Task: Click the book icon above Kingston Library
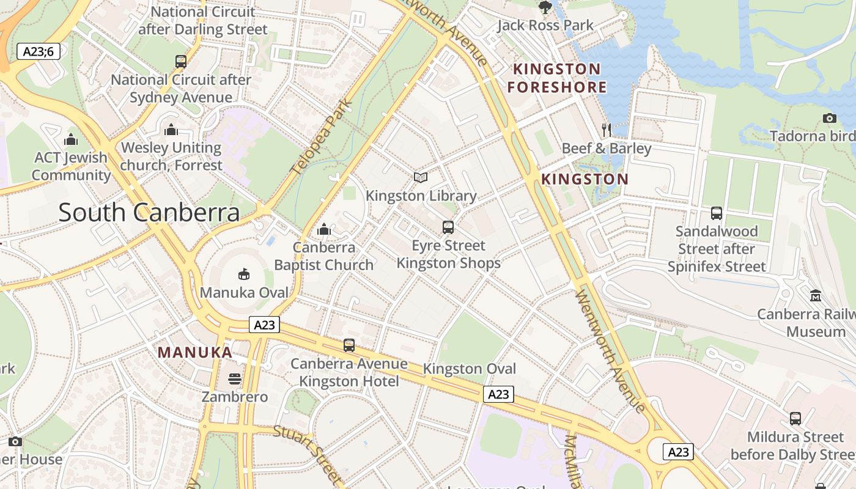420,177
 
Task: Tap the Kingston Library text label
421,196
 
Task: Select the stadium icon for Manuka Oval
243,274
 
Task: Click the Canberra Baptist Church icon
324,229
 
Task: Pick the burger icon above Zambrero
235,379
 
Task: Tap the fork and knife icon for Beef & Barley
606,130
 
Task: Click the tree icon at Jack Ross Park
545,7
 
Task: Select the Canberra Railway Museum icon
815,296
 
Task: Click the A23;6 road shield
39,51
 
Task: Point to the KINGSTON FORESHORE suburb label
556,78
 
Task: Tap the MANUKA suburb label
195,352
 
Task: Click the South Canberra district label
149,212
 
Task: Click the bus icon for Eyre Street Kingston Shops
448,227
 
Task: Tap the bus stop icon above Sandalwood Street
717,213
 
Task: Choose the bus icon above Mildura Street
795,419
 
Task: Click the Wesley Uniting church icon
171,130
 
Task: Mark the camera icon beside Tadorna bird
829,118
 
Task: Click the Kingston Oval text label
470,369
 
